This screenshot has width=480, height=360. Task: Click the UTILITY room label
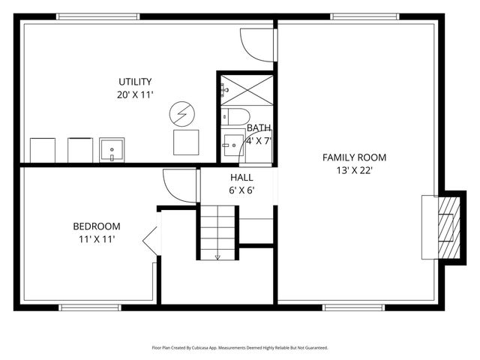(x=135, y=82)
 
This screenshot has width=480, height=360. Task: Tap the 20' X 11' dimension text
(x=135, y=95)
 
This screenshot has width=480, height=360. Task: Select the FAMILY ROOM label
(x=354, y=157)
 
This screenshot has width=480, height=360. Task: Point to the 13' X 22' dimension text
(x=354, y=170)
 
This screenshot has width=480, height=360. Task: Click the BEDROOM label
(x=96, y=226)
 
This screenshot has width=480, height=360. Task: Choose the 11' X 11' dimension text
(x=96, y=239)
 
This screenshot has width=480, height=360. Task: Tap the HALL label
(x=241, y=178)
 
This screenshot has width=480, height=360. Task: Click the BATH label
(x=259, y=127)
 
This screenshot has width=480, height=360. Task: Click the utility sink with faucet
(x=112, y=150)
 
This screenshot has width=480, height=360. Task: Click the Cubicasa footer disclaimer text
(x=240, y=348)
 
